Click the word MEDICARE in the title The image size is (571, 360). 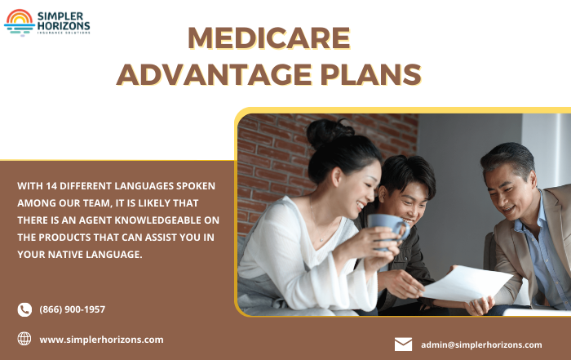[x=269, y=38]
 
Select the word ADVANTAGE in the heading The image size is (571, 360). [x=214, y=74]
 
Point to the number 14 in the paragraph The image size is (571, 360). [x=51, y=186]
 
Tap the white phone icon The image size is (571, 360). [x=24, y=309]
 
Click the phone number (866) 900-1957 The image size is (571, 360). [x=72, y=309]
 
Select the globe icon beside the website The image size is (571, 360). [x=24, y=339]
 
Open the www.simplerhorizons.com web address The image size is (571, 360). [x=101, y=340]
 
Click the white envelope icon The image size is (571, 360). [x=403, y=344]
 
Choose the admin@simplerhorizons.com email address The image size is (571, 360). [x=481, y=344]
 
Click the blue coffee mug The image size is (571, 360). [x=388, y=231]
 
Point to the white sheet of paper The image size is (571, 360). [x=468, y=283]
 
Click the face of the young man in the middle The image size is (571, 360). [x=407, y=203]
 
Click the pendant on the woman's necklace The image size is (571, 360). [x=321, y=239]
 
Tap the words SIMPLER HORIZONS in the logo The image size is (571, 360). [x=64, y=21]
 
